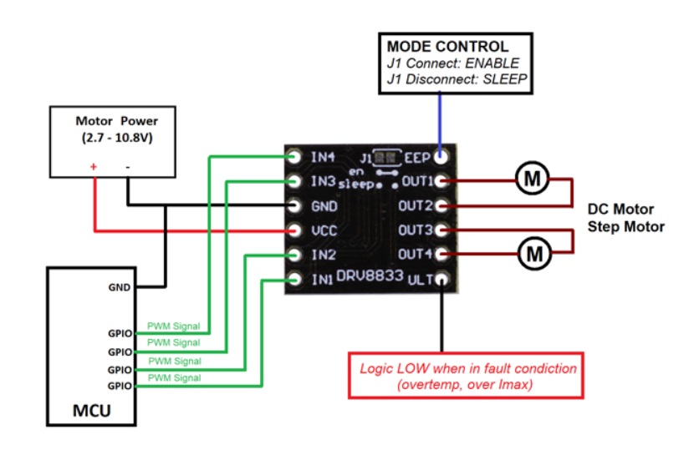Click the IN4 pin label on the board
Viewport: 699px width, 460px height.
[324, 156]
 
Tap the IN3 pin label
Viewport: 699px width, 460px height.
[324, 181]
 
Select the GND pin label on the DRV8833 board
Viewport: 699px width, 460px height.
[324, 205]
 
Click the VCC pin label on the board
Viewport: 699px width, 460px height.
[324, 230]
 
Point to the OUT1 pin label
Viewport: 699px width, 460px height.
[416, 181]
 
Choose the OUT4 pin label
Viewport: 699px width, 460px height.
[416, 254]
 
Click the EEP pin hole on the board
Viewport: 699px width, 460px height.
[440, 156]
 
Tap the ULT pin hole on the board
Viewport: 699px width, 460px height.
[440, 279]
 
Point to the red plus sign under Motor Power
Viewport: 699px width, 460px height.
[93, 167]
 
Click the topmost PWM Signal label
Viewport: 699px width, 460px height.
[173, 326]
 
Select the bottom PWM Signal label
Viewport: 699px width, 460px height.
[173, 378]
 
